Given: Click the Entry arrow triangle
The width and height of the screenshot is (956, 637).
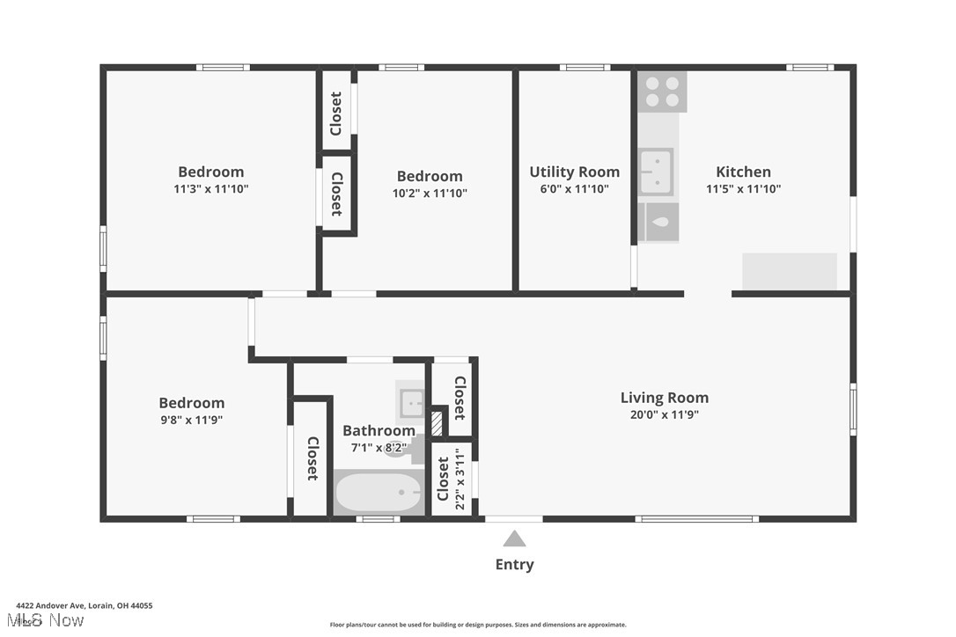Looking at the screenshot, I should click(x=514, y=539).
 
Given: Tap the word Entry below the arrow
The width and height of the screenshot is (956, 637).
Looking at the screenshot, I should click(x=514, y=565).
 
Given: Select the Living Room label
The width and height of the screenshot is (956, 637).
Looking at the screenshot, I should click(x=664, y=398).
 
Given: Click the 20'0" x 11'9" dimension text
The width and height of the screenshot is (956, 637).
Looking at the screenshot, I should click(x=664, y=415).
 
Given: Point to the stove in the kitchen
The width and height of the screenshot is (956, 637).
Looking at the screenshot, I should click(x=662, y=92).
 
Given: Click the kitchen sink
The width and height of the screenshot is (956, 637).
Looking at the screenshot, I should click(x=656, y=172).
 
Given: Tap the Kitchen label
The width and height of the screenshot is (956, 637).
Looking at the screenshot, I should click(x=743, y=172).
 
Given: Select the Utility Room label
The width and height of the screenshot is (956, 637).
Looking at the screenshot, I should click(x=574, y=172).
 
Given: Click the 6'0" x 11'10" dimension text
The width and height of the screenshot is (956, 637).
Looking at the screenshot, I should click(x=574, y=189).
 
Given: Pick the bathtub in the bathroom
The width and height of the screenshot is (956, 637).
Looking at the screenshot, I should click(x=379, y=493).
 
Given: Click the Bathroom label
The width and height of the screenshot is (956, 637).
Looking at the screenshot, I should click(x=379, y=430).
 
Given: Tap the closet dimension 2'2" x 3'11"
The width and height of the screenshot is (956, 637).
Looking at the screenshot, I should click(x=459, y=480).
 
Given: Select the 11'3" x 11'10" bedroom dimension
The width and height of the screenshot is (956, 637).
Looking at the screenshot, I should click(x=211, y=188).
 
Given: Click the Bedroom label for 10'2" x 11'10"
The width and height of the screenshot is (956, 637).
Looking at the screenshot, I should click(x=430, y=176).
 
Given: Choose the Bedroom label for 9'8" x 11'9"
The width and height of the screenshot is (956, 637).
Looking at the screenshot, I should click(x=192, y=403).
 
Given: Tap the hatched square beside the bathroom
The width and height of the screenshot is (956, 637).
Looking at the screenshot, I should click(x=437, y=423).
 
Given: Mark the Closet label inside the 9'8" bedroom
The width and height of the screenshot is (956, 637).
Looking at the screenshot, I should click(x=312, y=458).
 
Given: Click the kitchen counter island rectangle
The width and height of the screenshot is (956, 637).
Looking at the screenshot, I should click(x=790, y=272).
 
